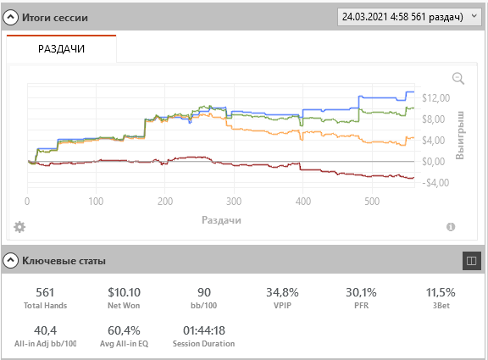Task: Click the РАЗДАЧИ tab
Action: [x=61, y=49]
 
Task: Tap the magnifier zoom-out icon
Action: [x=458, y=79]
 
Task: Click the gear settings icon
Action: [x=19, y=227]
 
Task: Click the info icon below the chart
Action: [x=451, y=227]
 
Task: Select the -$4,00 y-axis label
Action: [x=435, y=183]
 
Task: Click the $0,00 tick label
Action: [x=433, y=162]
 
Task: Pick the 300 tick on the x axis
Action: [x=234, y=202]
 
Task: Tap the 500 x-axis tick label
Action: [x=372, y=202]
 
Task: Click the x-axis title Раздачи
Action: [x=221, y=220]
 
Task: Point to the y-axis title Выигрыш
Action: [x=460, y=135]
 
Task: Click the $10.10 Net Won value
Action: [x=124, y=292]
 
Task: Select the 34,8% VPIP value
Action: [x=282, y=292]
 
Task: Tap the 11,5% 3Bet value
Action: [x=441, y=292]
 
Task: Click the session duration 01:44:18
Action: [x=204, y=330]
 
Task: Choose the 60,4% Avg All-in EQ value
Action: [x=124, y=330]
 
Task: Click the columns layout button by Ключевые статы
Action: [x=472, y=261]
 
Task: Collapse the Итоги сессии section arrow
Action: [x=10, y=18]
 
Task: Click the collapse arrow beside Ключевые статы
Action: [x=10, y=260]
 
